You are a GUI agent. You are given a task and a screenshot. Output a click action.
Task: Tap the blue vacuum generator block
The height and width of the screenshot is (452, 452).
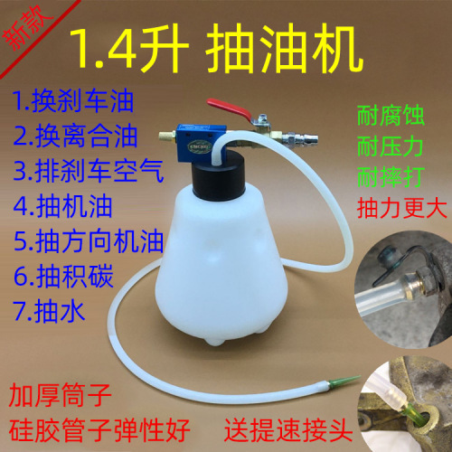point(201,142)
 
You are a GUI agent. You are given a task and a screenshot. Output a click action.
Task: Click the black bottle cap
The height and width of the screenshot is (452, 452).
point(219,175)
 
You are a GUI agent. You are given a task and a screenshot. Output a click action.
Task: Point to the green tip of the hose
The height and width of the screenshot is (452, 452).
point(343,381)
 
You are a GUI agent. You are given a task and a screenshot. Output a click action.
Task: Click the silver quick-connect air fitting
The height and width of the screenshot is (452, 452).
point(300,138)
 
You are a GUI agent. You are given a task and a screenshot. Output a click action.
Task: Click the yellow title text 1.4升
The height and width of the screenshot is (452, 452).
point(128,50)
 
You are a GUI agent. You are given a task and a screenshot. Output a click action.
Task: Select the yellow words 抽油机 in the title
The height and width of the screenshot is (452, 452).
point(284,49)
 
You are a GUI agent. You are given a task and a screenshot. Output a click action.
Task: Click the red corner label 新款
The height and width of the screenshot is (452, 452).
point(27,28)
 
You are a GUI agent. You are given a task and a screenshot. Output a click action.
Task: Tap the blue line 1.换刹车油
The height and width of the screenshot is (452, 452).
point(73,101)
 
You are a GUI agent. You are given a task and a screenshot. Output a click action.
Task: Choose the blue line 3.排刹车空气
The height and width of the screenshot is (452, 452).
point(89,171)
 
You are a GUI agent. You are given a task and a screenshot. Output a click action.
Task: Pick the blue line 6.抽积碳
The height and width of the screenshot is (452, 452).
point(63,276)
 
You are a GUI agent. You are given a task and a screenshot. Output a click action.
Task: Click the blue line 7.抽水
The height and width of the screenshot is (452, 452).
point(49,311)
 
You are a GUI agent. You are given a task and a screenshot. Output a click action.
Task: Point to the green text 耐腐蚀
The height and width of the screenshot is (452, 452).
point(391,116)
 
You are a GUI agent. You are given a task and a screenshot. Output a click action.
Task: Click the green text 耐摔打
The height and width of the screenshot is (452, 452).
point(391,176)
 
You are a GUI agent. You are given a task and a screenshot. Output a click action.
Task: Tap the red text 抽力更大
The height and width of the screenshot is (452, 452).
point(401,208)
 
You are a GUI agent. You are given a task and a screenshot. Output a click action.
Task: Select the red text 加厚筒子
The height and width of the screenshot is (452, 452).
point(61,395)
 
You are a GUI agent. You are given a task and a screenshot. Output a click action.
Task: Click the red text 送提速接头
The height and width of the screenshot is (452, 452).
point(288,430)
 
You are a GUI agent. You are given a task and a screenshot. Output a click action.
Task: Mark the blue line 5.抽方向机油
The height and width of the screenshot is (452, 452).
point(89,241)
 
